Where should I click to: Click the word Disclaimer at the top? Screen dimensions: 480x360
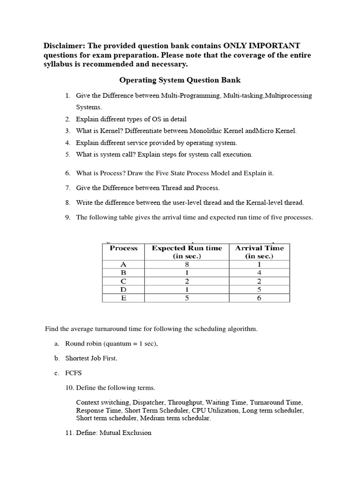pyautogui.click(x=64, y=45)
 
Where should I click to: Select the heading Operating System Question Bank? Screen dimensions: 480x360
pyautogui.click(x=180, y=80)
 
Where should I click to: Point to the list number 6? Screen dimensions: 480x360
pyautogui.click(x=68, y=173)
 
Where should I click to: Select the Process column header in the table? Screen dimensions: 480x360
pyautogui.click(x=124, y=248)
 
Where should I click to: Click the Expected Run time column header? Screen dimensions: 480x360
pyautogui.click(x=187, y=252)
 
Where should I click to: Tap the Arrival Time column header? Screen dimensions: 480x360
pyautogui.click(x=259, y=252)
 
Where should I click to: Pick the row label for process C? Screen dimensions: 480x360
pyautogui.click(x=124, y=281)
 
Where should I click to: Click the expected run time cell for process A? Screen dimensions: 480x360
pyautogui.click(x=187, y=264)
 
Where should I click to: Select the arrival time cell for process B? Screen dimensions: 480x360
pyautogui.click(x=259, y=273)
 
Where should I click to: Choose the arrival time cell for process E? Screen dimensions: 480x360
pyautogui.click(x=259, y=298)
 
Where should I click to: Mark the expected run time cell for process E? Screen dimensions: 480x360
pyautogui.click(x=187, y=298)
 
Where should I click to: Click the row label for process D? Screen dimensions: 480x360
pyautogui.click(x=124, y=290)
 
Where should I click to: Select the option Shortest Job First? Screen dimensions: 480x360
pyautogui.click(x=91, y=358)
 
